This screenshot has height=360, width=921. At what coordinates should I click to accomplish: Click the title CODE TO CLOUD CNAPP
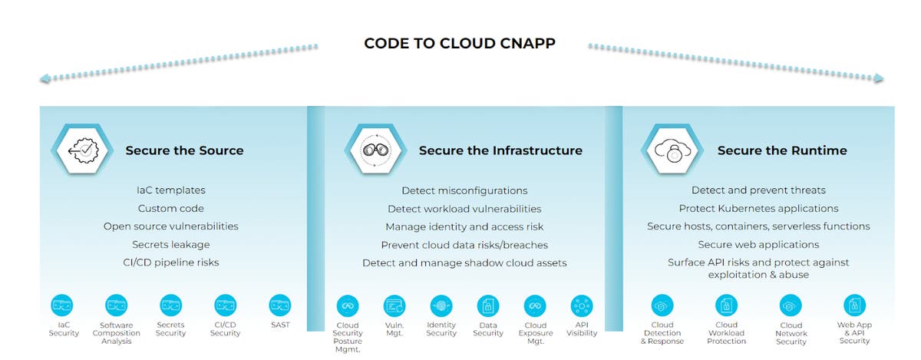460,43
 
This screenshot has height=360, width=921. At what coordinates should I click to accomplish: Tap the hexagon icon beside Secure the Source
83,150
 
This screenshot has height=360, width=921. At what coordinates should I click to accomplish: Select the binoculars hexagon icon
376,150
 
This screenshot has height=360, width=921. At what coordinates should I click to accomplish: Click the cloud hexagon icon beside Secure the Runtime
672,150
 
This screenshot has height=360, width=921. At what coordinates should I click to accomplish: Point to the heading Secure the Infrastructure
500,150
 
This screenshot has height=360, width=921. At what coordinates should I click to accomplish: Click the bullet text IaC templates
171,190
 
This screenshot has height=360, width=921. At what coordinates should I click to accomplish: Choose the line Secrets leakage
171,244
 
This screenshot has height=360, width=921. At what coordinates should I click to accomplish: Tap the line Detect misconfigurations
464,190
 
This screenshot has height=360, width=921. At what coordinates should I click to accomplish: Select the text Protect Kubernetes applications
758,209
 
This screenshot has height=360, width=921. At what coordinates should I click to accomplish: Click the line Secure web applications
758,244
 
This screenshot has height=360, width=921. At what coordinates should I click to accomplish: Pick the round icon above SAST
280,306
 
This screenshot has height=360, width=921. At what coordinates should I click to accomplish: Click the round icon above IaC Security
62,306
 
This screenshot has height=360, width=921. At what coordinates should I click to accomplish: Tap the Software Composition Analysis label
117,333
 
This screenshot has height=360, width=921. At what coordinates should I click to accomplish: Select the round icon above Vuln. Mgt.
394,306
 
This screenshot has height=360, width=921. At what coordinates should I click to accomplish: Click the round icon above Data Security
488,306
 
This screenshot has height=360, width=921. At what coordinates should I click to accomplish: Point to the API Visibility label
582,329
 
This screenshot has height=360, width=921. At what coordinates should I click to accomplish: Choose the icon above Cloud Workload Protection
727,306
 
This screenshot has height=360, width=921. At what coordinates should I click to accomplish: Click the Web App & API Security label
854,332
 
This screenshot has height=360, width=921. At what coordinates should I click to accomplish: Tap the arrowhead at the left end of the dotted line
45,78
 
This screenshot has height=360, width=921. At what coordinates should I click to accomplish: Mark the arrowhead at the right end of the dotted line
879,78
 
